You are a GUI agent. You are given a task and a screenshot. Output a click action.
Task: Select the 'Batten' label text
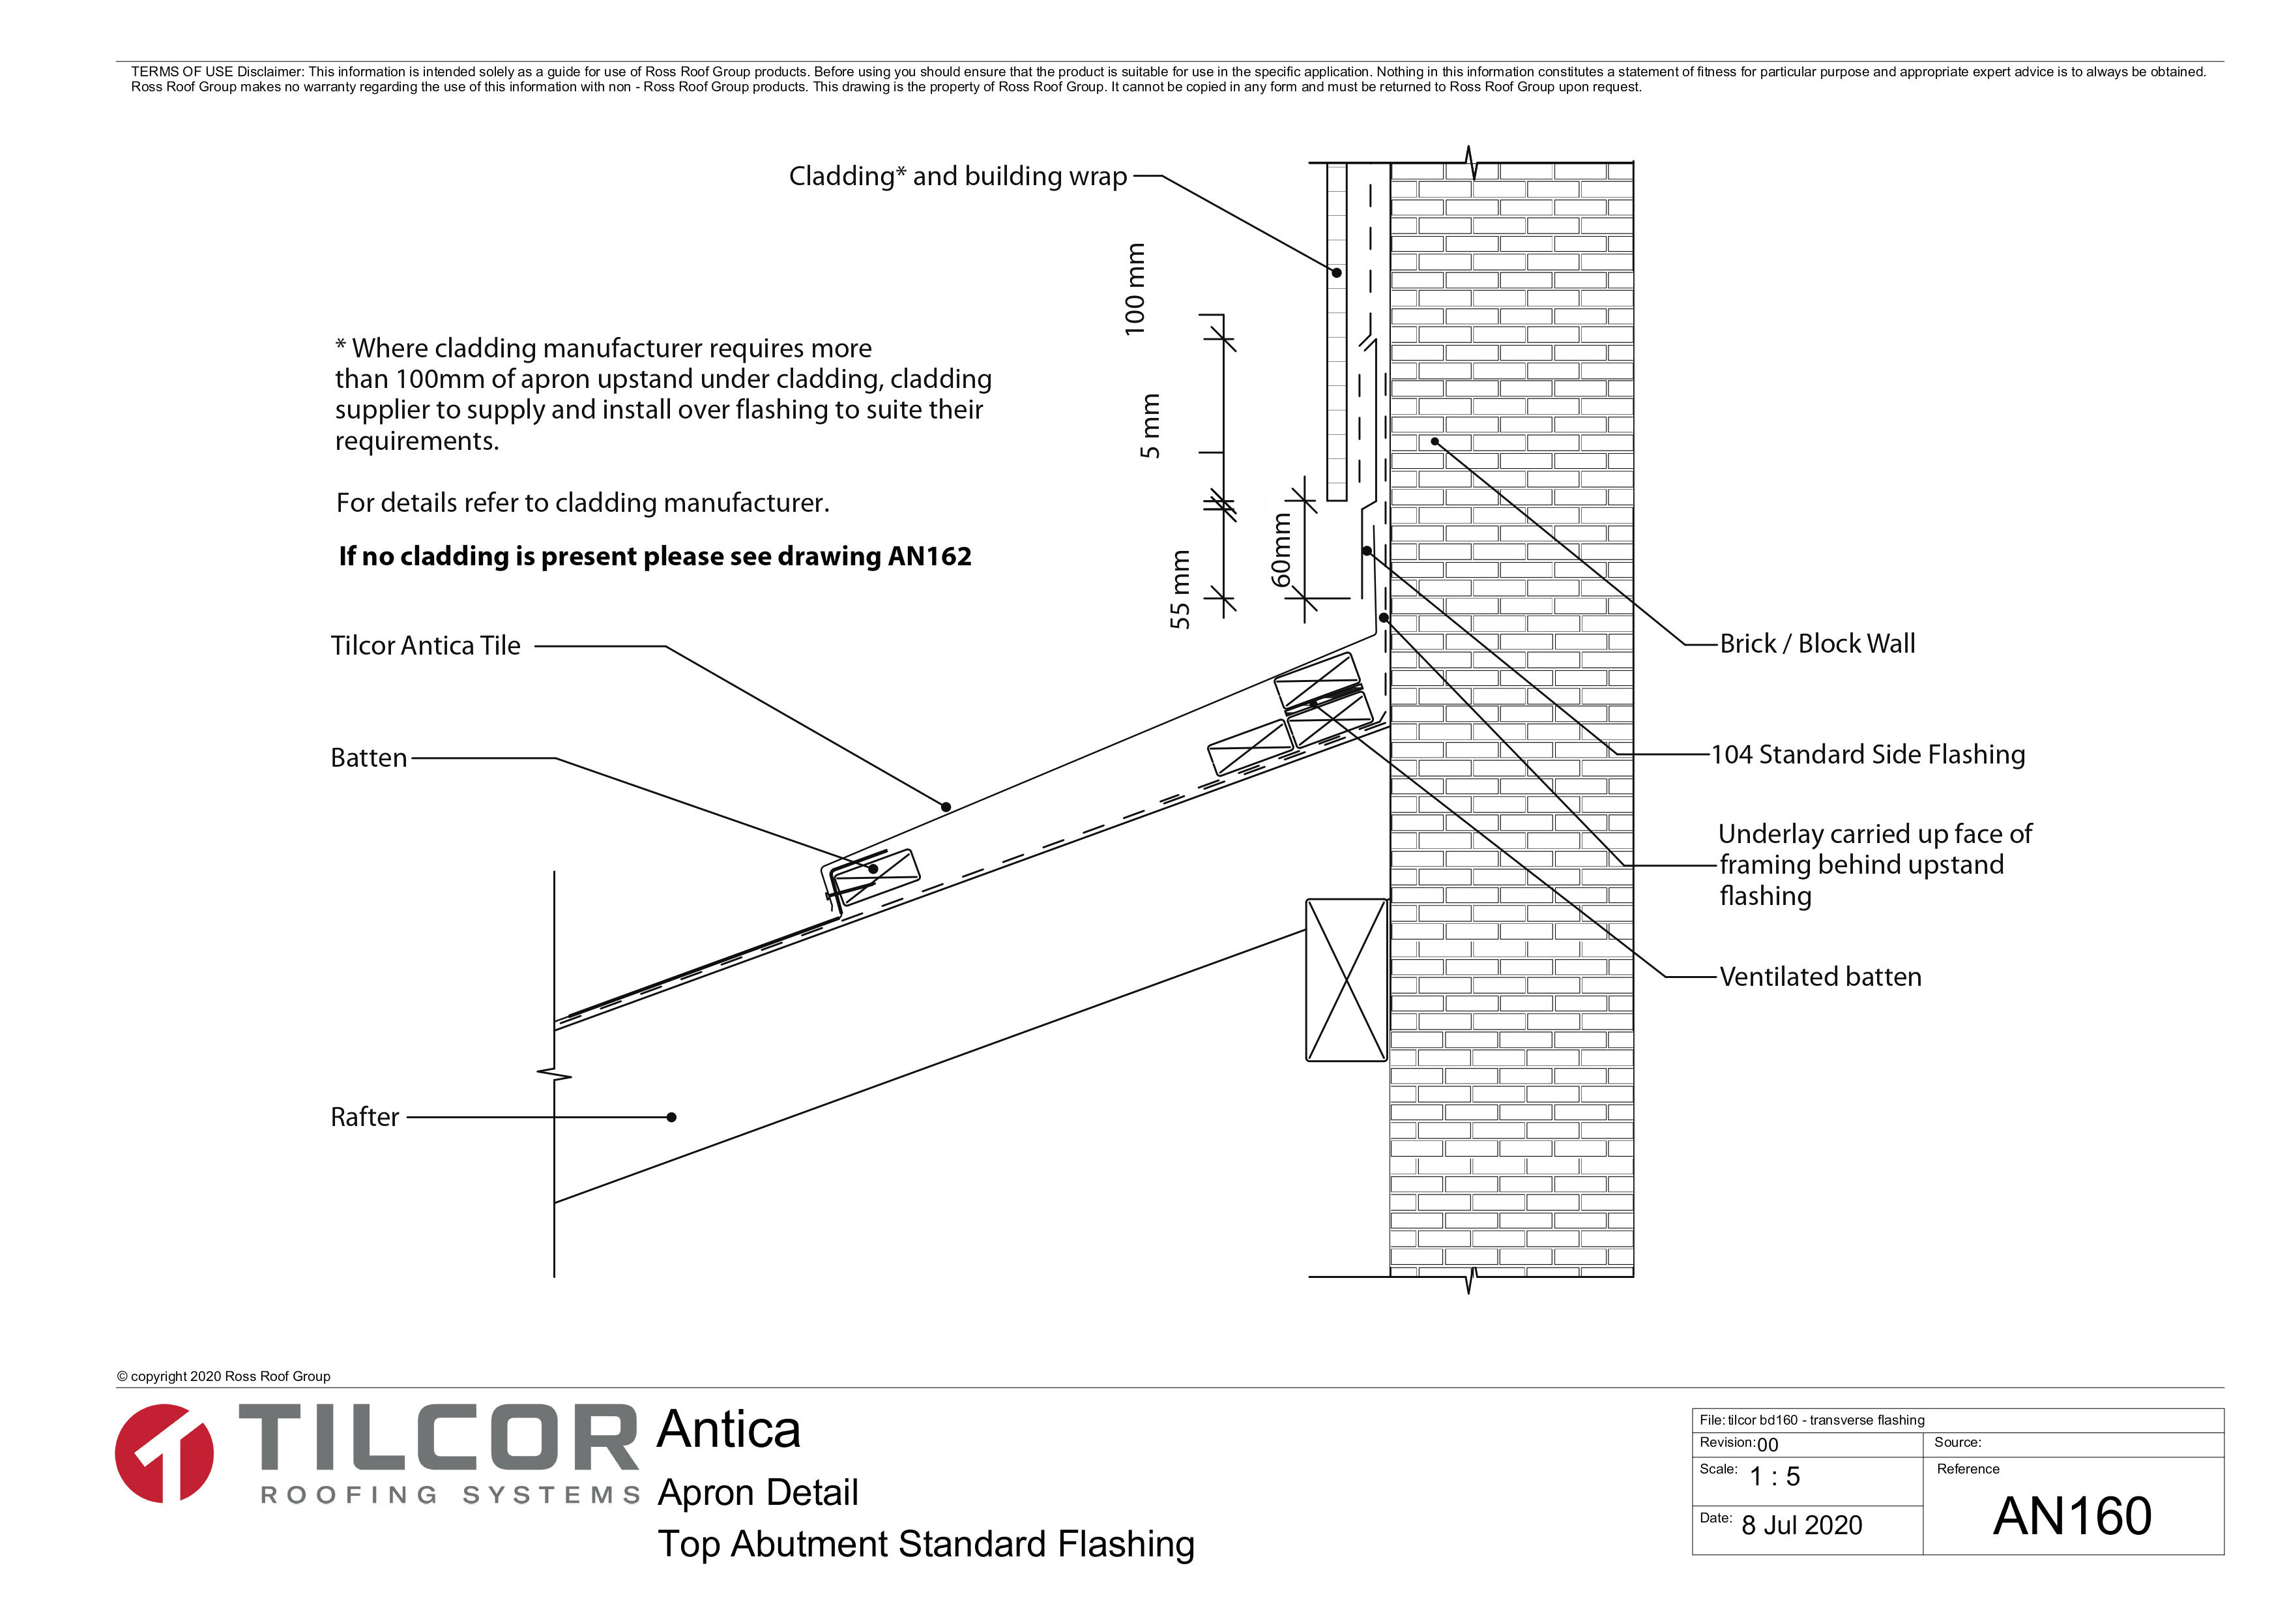[368, 758]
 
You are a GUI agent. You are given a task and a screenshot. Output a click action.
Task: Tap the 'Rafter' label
[364, 1117]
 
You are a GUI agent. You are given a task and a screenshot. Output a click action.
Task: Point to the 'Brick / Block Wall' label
[1817, 644]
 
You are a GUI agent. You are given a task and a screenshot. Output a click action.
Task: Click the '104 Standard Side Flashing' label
[1868, 754]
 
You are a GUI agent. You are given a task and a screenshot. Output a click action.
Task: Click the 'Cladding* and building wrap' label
[957, 176]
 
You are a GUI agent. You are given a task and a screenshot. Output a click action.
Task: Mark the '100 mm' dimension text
[1135, 289]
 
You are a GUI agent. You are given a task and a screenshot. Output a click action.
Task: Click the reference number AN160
[2072, 1517]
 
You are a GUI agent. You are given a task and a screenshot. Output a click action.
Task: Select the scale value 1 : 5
[1775, 1477]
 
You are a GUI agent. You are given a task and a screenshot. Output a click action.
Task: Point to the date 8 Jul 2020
[1802, 1525]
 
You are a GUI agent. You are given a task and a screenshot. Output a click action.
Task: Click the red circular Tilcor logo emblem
[164, 1453]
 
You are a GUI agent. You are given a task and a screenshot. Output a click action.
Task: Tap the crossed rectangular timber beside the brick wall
[1347, 981]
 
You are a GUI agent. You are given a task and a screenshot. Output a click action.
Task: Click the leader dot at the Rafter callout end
[671, 1118]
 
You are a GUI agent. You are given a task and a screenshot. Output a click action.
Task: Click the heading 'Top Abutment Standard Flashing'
[926, 1544]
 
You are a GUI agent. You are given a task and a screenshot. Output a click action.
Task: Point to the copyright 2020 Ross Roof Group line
[223, 1376]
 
